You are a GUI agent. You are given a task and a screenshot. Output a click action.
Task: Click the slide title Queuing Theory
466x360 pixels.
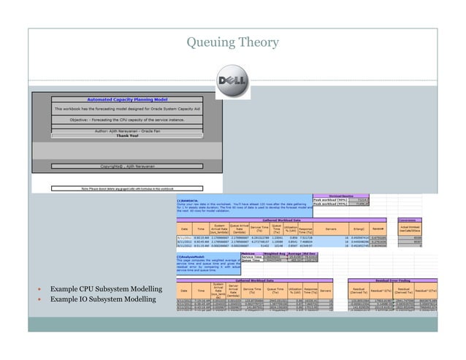(232, 43)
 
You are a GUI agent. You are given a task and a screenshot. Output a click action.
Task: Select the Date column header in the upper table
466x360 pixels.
(183, 229)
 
